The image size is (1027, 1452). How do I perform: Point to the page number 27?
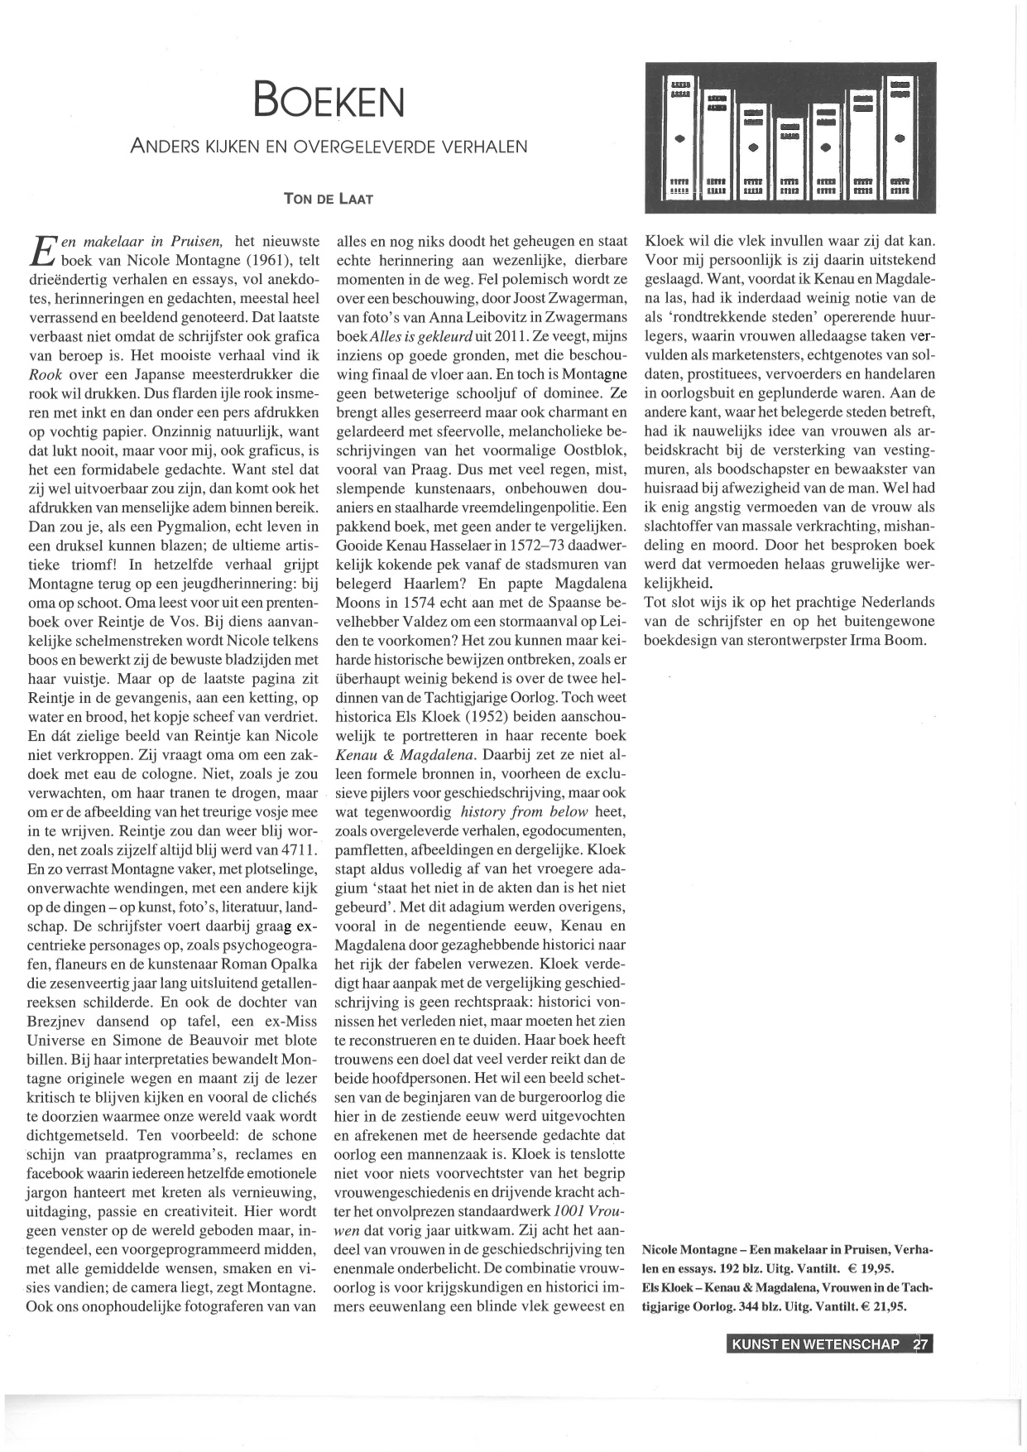[x=921, y=1344]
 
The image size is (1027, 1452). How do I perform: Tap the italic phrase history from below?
[x=524, y=811]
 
